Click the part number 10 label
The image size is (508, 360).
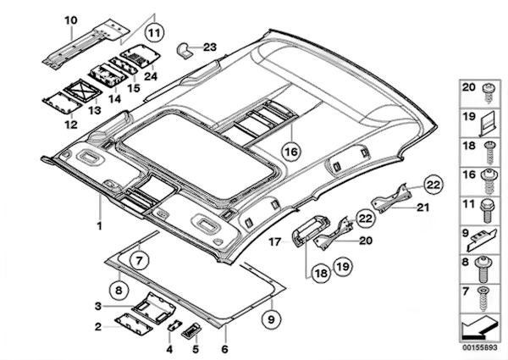click(69, 19)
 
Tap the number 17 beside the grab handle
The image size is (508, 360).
click(273, 242)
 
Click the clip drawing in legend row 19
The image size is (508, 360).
click(485, 124)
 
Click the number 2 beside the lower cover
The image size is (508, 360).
click(98, 325)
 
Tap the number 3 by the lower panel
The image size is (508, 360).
click(99, 306)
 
